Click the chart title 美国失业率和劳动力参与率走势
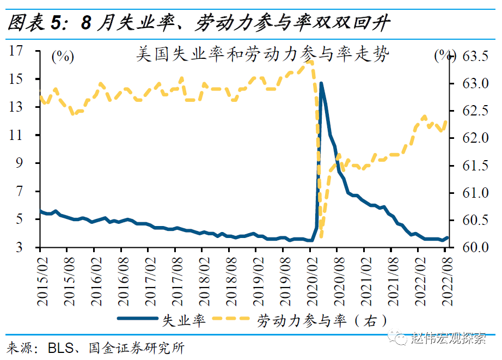click(x=261, y=55)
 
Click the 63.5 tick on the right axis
click(x=477, y=57)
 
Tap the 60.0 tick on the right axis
click(x=477, y=248)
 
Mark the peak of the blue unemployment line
click(x=321, y=83)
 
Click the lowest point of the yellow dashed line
click(x=321, y=237)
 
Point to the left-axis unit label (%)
click(x=63, y=56)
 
